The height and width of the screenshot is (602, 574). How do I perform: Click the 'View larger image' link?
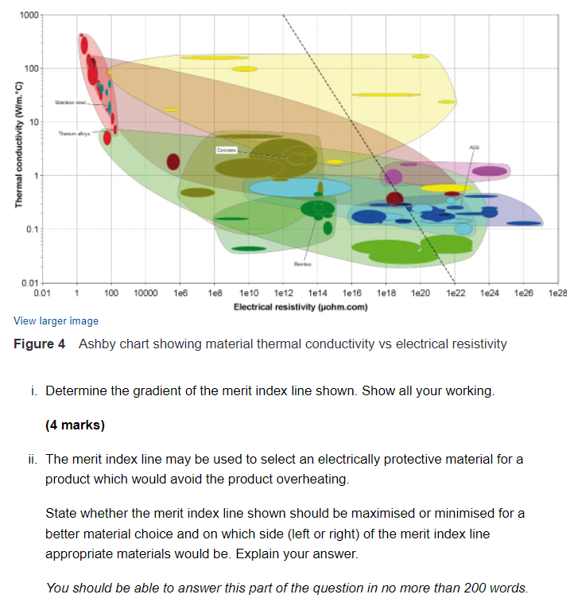pos(56,321)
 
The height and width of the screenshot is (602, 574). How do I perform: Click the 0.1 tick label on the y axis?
pos(31,230)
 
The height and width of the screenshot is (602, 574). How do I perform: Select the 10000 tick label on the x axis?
pos(145,294)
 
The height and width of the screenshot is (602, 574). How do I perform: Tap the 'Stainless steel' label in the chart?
pos(70,103)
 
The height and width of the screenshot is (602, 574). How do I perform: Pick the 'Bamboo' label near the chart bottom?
pos(303,263)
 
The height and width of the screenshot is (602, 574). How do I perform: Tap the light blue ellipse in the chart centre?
pos(300,188)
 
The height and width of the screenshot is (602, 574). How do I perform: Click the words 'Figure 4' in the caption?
pos(39,344)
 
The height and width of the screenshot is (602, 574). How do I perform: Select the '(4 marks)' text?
pos(76,425)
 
